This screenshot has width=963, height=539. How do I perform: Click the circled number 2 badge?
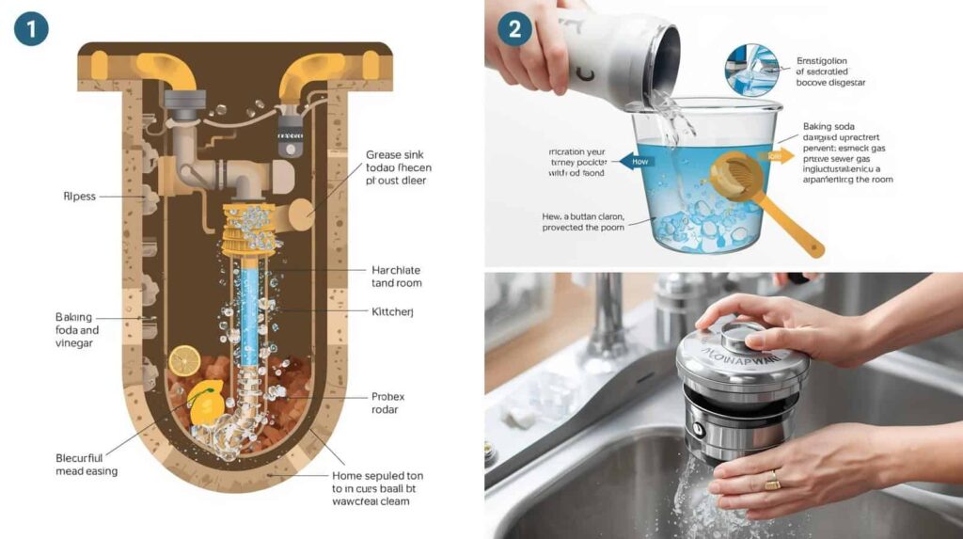coord(514,28)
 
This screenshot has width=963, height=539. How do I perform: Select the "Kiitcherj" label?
coord(394,310)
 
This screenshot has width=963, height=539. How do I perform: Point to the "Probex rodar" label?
coord(388,404)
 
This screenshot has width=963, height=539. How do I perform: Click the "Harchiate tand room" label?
coord(396,276)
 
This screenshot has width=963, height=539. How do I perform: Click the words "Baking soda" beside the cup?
coord(829,126)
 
